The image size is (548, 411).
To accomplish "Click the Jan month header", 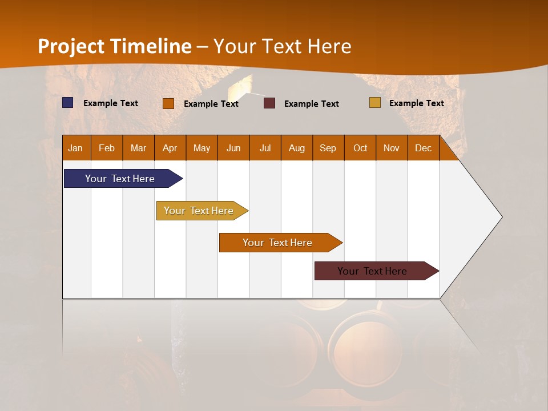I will click(x=76, y=148).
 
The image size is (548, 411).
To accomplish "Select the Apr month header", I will click(x=170, y=148).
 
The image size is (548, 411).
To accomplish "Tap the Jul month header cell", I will click(x=265, y=148).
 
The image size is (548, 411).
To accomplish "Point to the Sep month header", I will click(x=328, y=148).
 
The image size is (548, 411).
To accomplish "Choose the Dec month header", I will click(x=424, y=148).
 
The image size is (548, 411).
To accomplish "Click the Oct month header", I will click(x=360, y=148).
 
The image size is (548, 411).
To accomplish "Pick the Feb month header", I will click(x=107, y=148).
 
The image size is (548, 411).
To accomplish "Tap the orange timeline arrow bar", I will click(x=278, y=243).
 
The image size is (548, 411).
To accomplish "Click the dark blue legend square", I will click(x=68, y=103).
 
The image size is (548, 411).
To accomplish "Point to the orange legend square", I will click(x=168, y=103).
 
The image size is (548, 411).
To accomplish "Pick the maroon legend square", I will click(x=269, y=103).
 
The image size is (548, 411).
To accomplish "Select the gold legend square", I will click(x=375, y=103).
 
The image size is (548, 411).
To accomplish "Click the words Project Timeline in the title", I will click(x=115, y=46).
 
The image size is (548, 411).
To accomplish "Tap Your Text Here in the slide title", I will click(x=283, y=46).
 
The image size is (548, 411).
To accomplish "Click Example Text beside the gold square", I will click(x=416, y=103).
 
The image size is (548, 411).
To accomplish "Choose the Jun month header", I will click(x=233, y=148).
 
